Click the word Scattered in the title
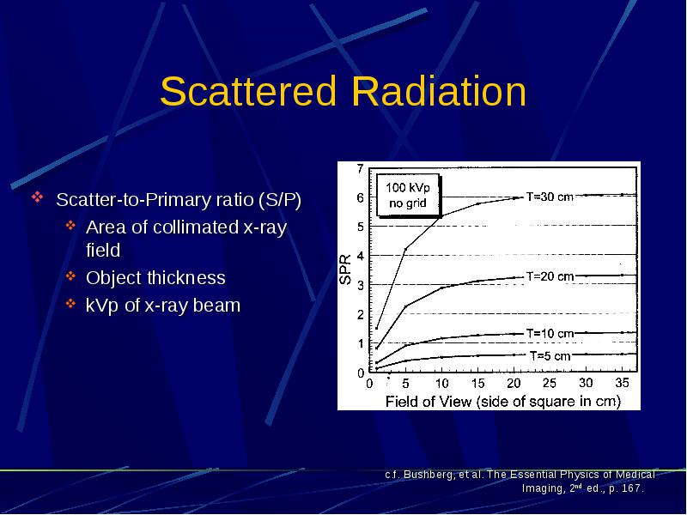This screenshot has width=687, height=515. pyautogui.click(x=248, y=91)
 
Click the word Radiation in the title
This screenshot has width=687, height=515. pyautogui.click(x=439, y=91)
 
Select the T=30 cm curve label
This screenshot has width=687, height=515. pyautogui.click(x=550, y=197)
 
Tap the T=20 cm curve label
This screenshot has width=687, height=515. pyautogui.click(x=550, y=276)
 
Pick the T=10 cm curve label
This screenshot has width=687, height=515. pyautogui.click(x=550, y=333)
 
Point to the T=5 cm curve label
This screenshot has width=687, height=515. pyautogui.click(x=550, y=355)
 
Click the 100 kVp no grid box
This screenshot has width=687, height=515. pyautogui.click(x=408, y=195)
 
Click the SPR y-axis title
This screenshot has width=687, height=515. pyautogui.click(x=346, y=270)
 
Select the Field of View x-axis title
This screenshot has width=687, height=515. pyautogui.click(x=503, y=401)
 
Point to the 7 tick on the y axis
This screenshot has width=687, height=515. pyautogui.click(x=360, y=168)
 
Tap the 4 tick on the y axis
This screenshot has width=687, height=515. pyautogui.click(x=360, y=256)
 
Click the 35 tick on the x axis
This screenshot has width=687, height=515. pyautogui.click(x=622, y=383)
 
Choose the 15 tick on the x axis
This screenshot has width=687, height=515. pyautogui.click(x=477, y=383)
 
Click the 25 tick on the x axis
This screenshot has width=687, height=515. pyautogui.click(x=550, y=383)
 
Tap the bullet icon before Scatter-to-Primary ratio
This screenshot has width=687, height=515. pyautogui.click(x=38, y=197)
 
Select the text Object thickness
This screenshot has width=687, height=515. pyautogui.click(x=155, y=277)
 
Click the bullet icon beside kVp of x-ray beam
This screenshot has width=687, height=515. pyautogui.click(x=70, y=304)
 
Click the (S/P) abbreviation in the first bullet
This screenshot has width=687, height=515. pyautogui.click(x=280, y=200)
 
